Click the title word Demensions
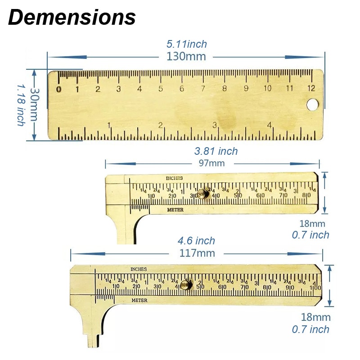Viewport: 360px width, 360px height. pyautogui.click(x=72, y=17)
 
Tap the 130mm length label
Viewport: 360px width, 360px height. pyautogui.click(x=186, y=57)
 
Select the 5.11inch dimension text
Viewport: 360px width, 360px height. pyautogui.click(x=187, y=44)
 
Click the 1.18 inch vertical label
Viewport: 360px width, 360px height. pyautogui.click(x=21, y=104)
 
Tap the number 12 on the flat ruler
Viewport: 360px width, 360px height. pyautogui.click(x=311, y=88)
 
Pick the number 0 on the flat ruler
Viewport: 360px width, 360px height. pyautogui.click(x=58, y=89)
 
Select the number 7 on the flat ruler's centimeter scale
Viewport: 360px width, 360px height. pyautogui.click(x=203, y=89)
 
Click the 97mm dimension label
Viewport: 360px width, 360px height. pyautogui.click(x=212, y=163)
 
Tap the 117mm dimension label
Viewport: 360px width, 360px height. pyautogui.click(x=197, y=253)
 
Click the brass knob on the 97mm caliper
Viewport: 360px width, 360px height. pyautogui.click(x=203, y=194)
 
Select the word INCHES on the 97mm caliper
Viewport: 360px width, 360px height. pyautogui.click(x=174, y=178)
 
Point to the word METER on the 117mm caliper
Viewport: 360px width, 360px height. pyautogui.click(x=139, y=300)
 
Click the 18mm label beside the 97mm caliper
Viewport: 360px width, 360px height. pyautogui.click(x=312, y=223)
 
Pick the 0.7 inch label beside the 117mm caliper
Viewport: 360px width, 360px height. pyautogui.click(x=310, y=329)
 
